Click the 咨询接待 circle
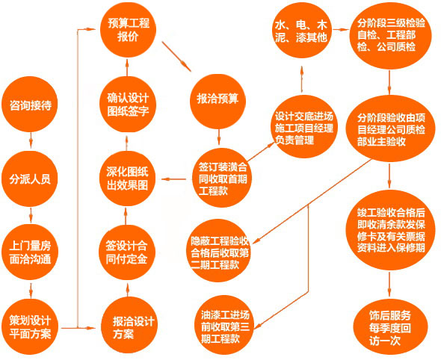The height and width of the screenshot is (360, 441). coord(30,105)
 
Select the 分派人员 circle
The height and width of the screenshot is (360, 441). coord(30,179)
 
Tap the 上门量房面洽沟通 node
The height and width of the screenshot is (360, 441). coord(30,252)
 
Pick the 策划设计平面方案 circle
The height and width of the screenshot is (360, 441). coord(30,326)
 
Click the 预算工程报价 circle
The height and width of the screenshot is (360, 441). coord(128,30)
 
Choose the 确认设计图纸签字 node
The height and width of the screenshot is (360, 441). coord(127,105)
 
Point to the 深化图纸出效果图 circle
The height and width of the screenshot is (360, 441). coord(127,179)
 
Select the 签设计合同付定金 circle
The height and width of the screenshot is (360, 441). coord(127,252)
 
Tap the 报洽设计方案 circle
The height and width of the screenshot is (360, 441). coord(129,326)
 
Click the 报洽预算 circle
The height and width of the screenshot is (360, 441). coord(218,102)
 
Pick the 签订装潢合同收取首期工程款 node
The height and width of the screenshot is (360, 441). coord(222,178)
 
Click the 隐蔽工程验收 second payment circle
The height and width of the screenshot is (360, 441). coord(218,251)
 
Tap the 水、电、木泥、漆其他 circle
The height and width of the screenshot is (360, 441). coord(303,30)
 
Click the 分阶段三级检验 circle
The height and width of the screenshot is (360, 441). coord(390,35)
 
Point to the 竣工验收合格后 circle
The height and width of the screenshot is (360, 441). coord(390,230)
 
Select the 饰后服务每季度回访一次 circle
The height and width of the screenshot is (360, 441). coord(390,326)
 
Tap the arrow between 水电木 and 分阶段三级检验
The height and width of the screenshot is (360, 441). coord(340,29)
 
